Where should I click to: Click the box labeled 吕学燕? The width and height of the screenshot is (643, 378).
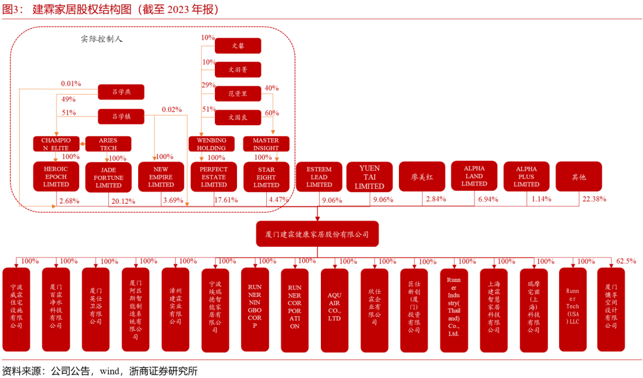point(121,92)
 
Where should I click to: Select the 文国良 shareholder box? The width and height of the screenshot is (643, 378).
point(238,118)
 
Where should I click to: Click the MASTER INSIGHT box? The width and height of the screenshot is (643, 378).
point(266,144)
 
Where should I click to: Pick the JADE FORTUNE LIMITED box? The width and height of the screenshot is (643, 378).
point(108,177)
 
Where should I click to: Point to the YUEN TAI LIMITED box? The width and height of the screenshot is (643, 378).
point(369,177)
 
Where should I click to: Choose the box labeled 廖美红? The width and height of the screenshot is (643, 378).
point(422,176)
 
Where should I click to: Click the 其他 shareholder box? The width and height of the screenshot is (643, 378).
point(579,176)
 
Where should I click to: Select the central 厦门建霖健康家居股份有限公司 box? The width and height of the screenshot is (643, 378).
point(317,234)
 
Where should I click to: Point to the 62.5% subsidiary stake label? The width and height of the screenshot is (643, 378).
point(626,261)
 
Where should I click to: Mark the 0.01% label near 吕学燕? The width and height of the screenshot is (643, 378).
point(71,84)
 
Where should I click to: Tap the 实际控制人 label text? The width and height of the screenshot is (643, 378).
point(102,39)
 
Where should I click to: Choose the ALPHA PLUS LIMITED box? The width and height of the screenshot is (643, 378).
point(526,176)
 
